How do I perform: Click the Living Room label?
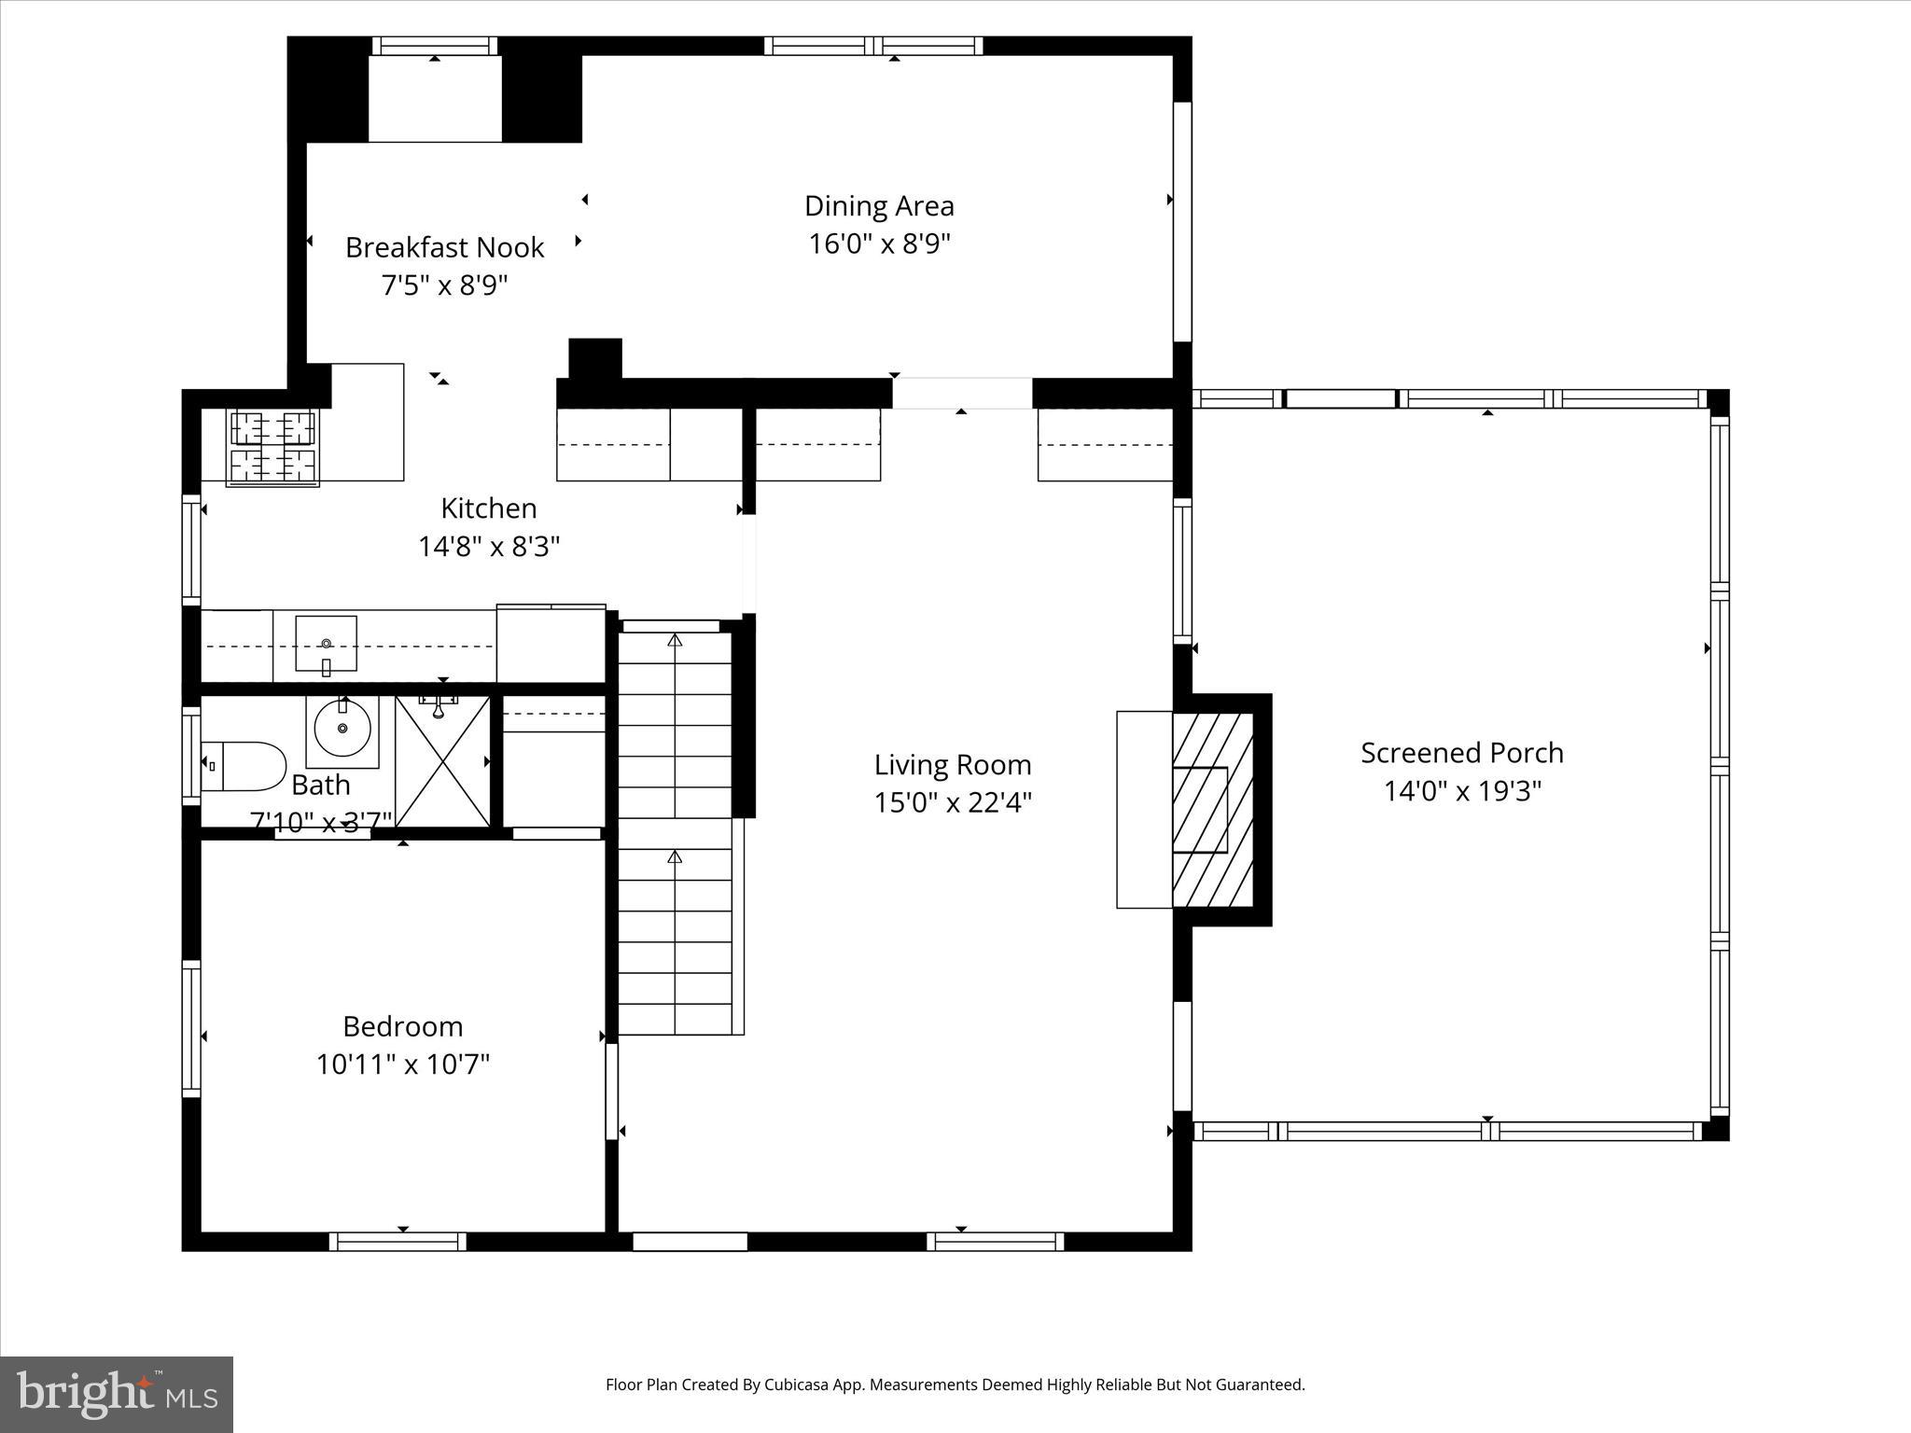tap(952, 765)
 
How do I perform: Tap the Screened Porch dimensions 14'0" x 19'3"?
tap(1461, 791)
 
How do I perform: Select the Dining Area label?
tap(879, 206)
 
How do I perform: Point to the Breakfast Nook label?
tap(444, 247)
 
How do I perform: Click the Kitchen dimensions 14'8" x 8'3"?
tap(488, 546)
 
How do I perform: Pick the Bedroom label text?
tap(402, 1026)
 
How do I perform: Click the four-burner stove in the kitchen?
tap(273, 448)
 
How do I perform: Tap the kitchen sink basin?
tap(326, 642)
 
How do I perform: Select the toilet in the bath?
tap(244, 766)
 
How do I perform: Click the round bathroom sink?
tap(342, 729)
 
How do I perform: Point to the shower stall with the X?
tap(443, 760)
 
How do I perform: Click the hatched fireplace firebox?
tap(1211, 809)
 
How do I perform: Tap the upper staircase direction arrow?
tap(675, 640)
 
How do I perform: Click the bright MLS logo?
tap(117, 1394)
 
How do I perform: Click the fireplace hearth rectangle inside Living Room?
tap(1144, 809)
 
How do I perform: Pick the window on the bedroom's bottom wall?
tap(398, 1241)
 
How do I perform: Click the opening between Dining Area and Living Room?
tap(962, 393)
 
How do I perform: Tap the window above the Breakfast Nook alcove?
tap(435, 46)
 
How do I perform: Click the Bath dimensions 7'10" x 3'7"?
tap(320, 822)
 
